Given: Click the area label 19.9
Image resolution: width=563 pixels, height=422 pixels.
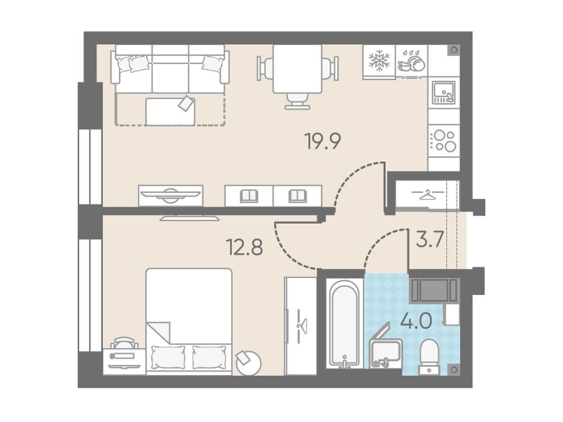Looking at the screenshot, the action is click(323, 141).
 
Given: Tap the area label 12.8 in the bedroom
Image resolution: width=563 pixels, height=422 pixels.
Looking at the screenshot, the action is click(245, 247).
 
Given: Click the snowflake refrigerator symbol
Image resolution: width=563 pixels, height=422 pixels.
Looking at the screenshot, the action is click(379, 60).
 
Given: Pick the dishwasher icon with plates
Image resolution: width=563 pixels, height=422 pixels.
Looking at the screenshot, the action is click(412, 61).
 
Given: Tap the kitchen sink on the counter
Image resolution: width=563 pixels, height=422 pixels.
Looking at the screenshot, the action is click(444, 93).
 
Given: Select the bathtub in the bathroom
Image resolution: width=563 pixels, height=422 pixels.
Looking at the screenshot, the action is click(345, 324).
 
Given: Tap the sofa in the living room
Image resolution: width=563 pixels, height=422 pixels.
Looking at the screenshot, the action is click(170, 69).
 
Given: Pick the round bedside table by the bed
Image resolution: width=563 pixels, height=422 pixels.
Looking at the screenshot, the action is click(248, 363).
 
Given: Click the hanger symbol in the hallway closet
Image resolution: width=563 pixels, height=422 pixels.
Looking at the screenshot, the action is click(427, 195).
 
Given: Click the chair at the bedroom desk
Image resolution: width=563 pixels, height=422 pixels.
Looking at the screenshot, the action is click(124, 343).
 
